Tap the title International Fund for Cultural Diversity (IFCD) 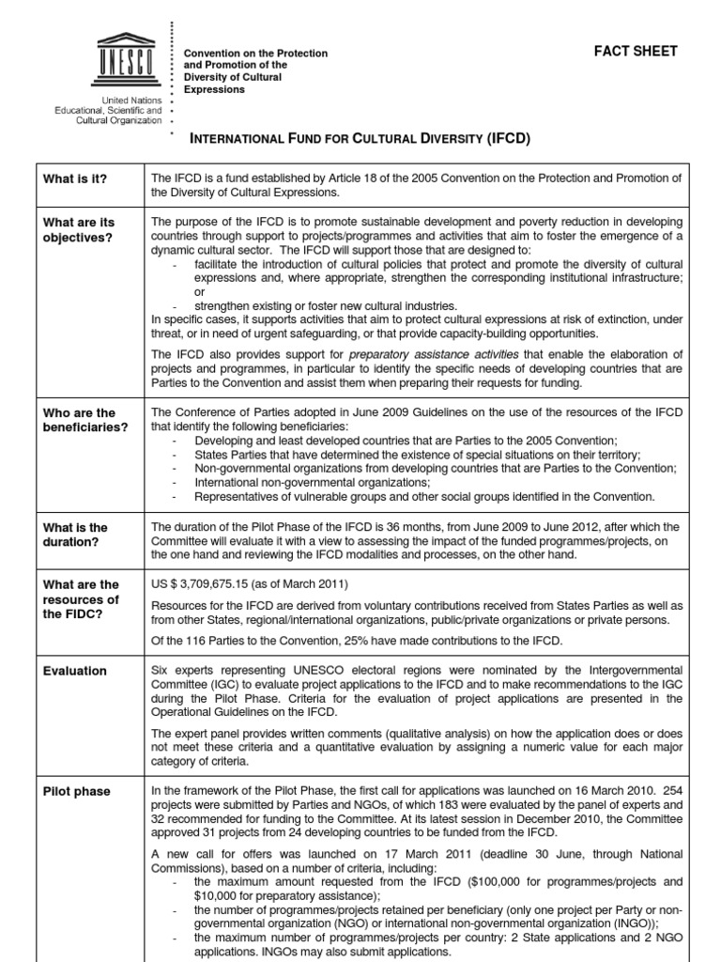pyautogui.click(x=360, y=139)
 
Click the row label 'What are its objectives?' pyautogui.click(x=79, y=230)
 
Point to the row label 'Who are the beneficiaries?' pyautogui.click(x=86, y=420)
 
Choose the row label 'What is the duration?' pyautogui.click(x=76, y=535)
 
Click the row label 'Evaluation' pyautogui.click(x=75, y=671)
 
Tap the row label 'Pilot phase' pyautogui.click(x=77, y=792)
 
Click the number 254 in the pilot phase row pyautogui.click(x=669, y=792)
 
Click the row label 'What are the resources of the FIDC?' pyautogui.click(x=82, y=599)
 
